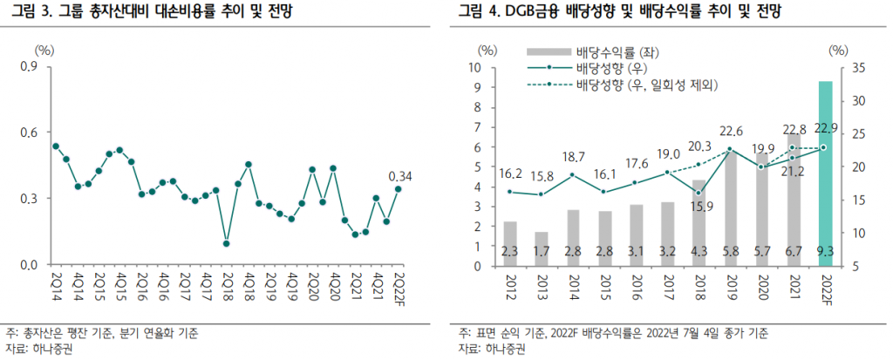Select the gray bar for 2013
(542, 248)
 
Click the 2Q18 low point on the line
(226, 243)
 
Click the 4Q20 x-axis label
(333, 285)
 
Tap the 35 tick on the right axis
(858, 68)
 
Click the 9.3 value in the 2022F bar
(824, 252)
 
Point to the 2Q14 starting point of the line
(56, 146)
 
